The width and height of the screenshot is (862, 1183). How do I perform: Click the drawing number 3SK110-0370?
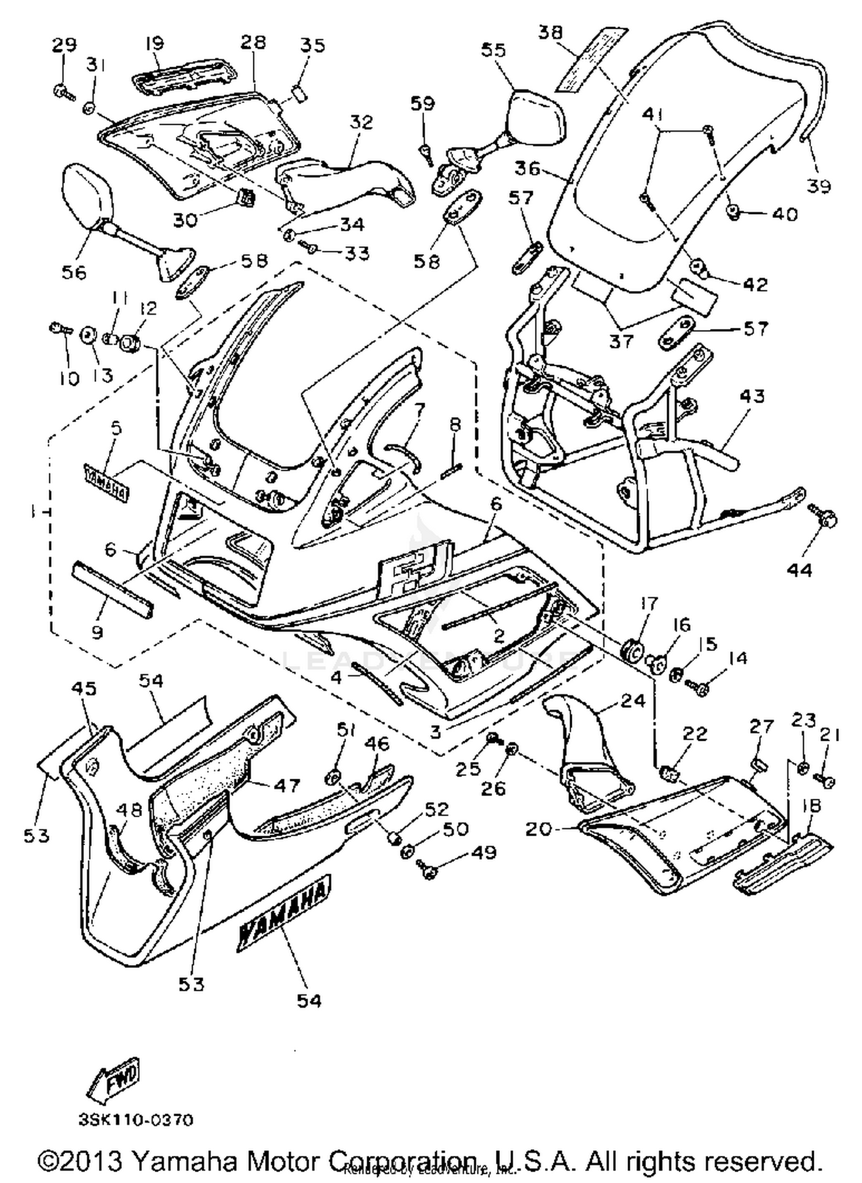tap(136, 1120)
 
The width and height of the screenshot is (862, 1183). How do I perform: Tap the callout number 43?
tap(752, 396)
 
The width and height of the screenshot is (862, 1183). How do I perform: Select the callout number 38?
tap(550, 32)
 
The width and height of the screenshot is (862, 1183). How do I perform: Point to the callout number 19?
tap(154, 43)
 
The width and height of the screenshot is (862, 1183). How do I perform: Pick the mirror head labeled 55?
tap(537, 117)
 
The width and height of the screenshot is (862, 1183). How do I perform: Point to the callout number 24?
tap(633, 700)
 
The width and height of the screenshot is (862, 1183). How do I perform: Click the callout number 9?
tap(97, 633)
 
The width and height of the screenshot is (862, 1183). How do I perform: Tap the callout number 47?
tap(286, 786)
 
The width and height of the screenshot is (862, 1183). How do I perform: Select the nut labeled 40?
tap(733, 213)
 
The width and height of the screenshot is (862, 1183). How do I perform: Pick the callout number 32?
tap(361, 122)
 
